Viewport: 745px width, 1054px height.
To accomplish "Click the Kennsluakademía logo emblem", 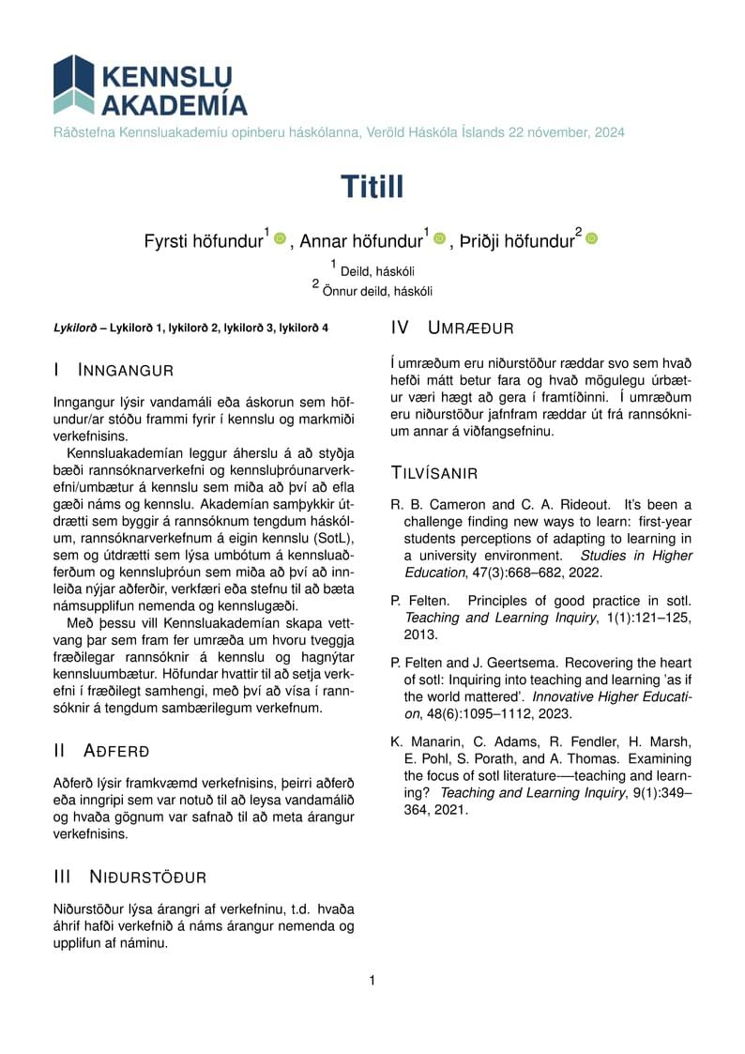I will click(x=74, y=84).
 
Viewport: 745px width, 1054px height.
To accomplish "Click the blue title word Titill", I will click(x=372, y=187).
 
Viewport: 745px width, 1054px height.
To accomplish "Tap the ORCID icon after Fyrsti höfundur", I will click(x=280, y=239).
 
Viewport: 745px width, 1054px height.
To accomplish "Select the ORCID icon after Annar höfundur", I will click(x=440, y=239).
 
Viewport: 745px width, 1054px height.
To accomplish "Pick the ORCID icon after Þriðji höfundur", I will click(x=591, y=239).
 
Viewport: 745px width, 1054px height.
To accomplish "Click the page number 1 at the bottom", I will click(x=372, y=981).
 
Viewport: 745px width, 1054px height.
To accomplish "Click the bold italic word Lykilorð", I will click(x=75, y=328).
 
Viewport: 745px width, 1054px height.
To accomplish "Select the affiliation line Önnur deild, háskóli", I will click(x=377, y=291).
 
